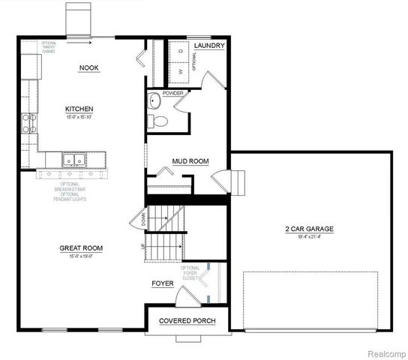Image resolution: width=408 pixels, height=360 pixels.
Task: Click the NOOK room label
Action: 89,68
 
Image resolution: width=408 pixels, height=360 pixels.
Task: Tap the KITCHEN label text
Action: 79,109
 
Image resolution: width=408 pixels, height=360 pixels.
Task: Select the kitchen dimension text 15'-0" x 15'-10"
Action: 79,117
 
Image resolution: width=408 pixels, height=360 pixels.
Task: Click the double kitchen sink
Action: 73,159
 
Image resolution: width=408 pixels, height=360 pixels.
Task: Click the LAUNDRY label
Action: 209,46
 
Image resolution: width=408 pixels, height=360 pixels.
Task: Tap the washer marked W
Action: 181,72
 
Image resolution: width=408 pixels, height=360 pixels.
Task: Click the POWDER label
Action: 163,92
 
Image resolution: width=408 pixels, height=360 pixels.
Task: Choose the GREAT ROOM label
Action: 81,248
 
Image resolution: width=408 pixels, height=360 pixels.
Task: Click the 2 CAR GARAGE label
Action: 309,229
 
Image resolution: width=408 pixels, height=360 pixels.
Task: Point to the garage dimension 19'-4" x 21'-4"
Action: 309,236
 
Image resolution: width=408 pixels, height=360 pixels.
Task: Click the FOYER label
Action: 163,283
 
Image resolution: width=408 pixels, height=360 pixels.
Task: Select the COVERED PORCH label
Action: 187,322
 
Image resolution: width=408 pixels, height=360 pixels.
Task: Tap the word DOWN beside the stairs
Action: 143,218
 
